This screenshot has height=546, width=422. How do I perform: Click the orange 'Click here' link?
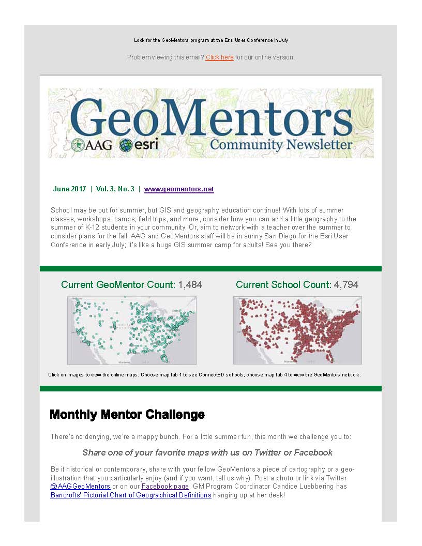pos(219,57)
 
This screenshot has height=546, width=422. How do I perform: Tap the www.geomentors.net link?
pos(179,189)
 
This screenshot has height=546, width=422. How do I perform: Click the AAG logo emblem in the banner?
pos(79,145)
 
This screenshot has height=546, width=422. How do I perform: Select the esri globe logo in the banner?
pos(126,145)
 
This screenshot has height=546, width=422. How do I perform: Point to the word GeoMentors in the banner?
pos(210,117)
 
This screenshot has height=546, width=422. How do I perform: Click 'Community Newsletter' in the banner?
pos(281,145)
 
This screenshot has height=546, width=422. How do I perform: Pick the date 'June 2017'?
pos(69,189)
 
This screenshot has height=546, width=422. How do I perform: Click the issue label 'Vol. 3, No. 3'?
pos(115,189)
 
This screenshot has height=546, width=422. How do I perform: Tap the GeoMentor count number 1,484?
pos(190,285)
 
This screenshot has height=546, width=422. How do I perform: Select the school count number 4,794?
pos(346,285)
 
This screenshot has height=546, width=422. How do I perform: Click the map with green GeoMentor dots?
pos(132,330)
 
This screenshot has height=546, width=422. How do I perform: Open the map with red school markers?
pos(297,330)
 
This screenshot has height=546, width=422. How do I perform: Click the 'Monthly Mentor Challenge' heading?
pos(127,415)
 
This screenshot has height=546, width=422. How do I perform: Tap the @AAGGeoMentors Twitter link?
pos(80,487)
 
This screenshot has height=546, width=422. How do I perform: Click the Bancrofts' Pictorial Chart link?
pos(131,495)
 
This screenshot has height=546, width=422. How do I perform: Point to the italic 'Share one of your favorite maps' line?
pos(207,453)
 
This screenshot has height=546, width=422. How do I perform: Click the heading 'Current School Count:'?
pos(283,285)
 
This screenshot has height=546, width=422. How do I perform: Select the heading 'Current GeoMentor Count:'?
pos(118,285)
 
